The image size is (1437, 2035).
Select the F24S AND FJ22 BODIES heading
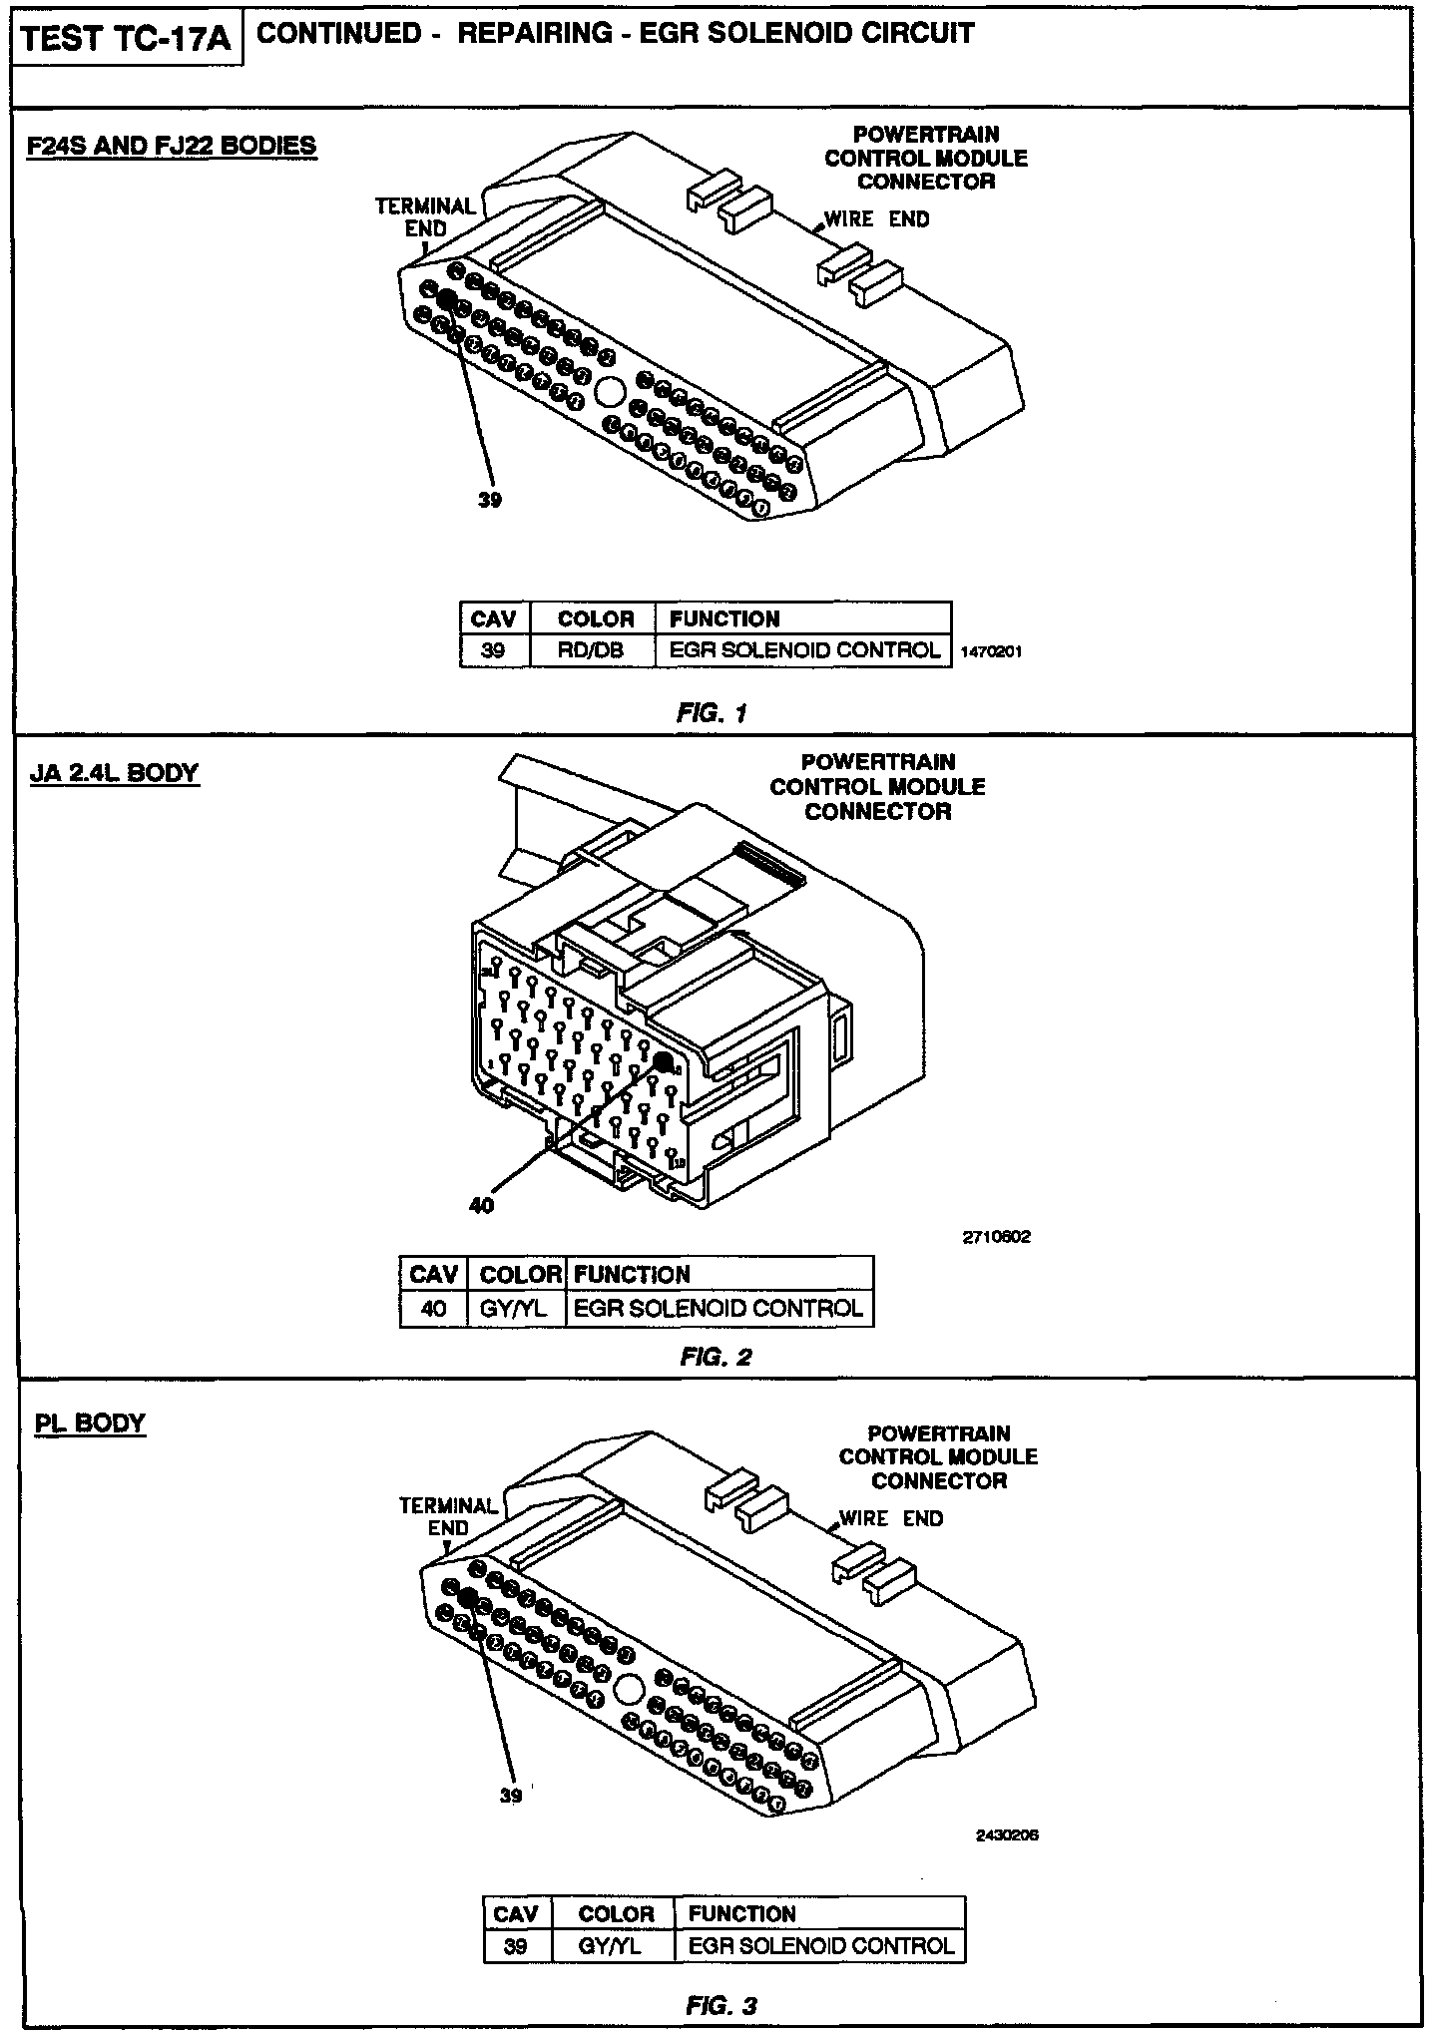tap(171, 146)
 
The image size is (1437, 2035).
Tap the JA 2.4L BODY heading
tap(115, 773)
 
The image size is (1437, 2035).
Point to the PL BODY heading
tap(90, 1423)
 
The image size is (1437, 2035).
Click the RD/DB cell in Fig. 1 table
tap(592, 650)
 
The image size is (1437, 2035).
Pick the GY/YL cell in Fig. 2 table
tap(515, 1308)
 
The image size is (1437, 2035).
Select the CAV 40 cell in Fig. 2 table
tap(433, 1308)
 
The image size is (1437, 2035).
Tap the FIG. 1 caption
tap(712, 713)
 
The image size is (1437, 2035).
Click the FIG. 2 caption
tap(716, 1357)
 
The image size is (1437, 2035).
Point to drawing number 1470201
tap(991, 652)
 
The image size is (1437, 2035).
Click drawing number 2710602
tap(996, 1237)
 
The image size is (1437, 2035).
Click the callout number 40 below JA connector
tap(481, 1205)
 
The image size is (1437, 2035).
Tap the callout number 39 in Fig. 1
tap(489, 501)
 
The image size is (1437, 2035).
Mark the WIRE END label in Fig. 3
tap(890, 1518)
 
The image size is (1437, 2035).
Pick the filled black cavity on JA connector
tap(663, 1063)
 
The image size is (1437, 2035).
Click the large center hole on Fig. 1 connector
tap(608, 391)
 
